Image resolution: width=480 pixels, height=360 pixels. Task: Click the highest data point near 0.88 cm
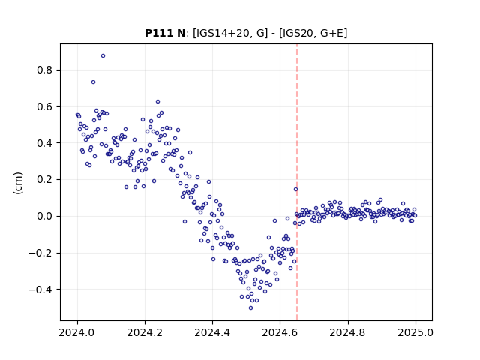pyautogui.click(x=103, y=56)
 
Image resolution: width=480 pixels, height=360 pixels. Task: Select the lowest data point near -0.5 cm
pyautogui.click(x=250, y=308)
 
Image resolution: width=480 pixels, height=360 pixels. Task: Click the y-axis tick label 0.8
pyautogui.click(x=45, y=70)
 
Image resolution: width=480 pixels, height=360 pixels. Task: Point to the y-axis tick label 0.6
pyautogui.click(x=45, y=106)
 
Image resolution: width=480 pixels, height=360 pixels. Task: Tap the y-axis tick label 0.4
pyautogui.click(x=45, y=143)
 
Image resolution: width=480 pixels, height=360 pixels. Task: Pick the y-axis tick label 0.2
pyautogui.click(x=45, y=180)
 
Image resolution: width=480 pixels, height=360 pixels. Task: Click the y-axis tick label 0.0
pyautogui.click(x=45, y=217)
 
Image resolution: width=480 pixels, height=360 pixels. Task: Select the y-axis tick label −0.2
pyautogui.click(x=41, y=253)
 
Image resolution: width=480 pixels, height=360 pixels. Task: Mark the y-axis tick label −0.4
pyautogui.click(x=41, y=289)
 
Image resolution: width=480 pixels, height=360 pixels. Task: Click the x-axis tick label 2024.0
pyautogui.click(x=77, y=332)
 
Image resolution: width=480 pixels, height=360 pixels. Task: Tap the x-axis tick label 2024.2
pyautogui.click(x=145, y=332)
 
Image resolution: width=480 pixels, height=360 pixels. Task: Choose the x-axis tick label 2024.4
pyautogui.click(x=212, y=332)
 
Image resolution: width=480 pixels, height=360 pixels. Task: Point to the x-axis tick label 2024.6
pyautogui.click(x=280, y=332)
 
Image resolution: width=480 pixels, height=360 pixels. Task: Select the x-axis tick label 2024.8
pyautogui.click(x=348, y=332)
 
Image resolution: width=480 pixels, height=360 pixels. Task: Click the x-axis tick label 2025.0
pyautogui.click(x=415, y=332)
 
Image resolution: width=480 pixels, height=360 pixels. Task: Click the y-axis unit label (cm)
pyautogui.click(x=18, y=183)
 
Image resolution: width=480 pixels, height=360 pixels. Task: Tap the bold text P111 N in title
pyautogui.click(x=165, y=33)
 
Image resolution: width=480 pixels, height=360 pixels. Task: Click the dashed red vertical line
pyautogui.click(x=297, y=182)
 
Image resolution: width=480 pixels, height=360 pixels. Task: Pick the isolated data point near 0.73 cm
pyautogui.click(x=93, y=82)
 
